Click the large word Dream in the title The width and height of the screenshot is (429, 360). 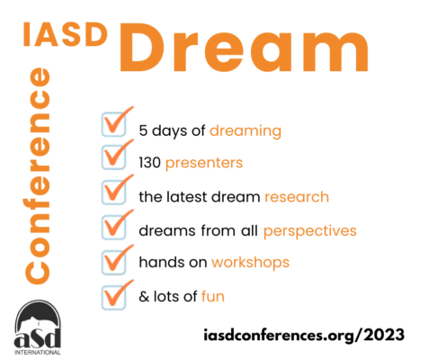coord(245,48)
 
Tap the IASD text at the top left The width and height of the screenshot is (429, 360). coord(66,34)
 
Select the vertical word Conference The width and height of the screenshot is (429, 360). coord(38,175)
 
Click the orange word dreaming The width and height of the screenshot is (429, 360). coord(246,131)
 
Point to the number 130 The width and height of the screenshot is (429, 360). coord(150,163)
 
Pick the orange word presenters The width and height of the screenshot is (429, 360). coord(204,164)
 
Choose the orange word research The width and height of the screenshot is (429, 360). coord(297,197)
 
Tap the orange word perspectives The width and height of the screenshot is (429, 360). coord(310,231)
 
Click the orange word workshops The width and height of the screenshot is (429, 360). coord(250,263)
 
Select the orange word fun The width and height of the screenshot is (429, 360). coord(213,296)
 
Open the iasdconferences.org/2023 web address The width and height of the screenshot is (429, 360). coord(304,335)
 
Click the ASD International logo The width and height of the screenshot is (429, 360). coord(38,328)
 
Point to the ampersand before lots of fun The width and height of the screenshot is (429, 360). coord(144,296)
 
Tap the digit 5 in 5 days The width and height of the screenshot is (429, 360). coord(143,130)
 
